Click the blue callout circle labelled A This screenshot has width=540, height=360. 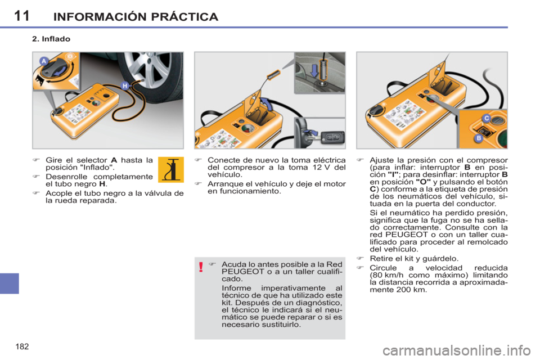(43, 61)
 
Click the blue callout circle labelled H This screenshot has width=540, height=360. (124, 85)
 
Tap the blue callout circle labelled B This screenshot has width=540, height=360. (478, 137)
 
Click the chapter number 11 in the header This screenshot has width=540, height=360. (21, 15)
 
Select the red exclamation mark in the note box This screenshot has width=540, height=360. (201, 267)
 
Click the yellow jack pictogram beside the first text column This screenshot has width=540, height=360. (170, 169)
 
